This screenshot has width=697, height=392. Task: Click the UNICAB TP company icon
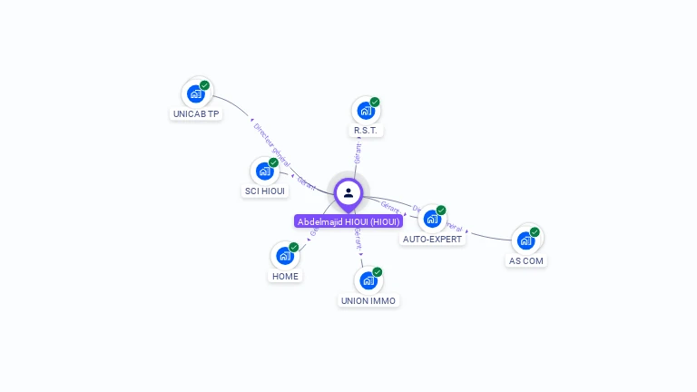[195, 93]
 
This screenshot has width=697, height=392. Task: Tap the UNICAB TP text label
[196, 114]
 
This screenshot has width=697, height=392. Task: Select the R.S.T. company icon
[365, 111]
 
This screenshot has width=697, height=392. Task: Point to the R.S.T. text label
[365, 131]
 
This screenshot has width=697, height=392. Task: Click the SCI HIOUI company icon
[264, 171]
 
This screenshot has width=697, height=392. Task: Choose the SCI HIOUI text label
[265, 191]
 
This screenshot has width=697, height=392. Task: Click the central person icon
[348, 192]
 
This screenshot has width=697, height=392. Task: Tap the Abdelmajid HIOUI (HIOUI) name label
[348, 221]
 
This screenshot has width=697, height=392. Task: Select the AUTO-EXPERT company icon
[432, 219]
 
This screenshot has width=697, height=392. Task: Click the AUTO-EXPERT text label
[433, 240]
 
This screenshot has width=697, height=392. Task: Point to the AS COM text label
[526, 260]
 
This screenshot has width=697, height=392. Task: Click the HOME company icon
[285, 256]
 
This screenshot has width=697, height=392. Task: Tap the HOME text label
[285, 277]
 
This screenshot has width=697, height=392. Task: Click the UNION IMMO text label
[368, 300]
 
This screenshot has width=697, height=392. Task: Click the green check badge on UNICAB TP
[205, 85]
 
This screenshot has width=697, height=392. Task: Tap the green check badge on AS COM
[535, 232]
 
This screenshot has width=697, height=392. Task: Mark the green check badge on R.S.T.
[375, 102]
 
